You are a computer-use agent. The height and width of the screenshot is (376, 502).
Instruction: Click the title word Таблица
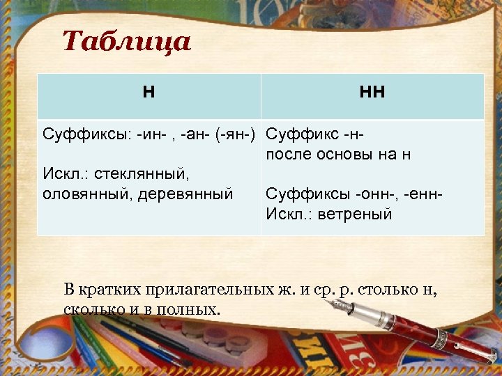click(126, 42)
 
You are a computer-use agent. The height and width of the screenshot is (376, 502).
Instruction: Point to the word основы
click(349, 155)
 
